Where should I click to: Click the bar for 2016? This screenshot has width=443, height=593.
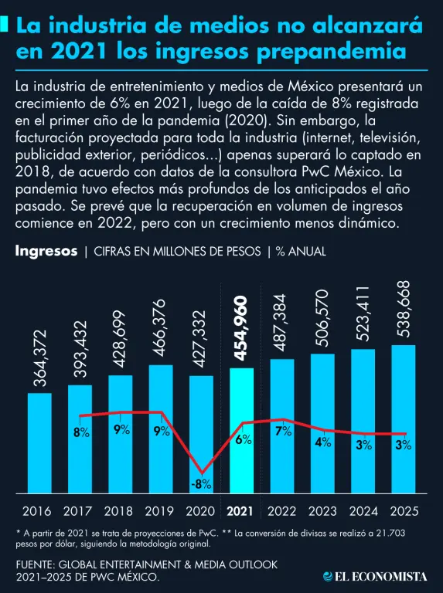point(39,443)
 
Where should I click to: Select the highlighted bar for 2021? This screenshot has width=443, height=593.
point(241,430)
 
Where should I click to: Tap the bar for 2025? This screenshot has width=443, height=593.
point(404,419)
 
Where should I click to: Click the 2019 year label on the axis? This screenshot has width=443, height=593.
point(159,511)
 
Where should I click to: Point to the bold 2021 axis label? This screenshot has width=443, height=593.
point(240,511)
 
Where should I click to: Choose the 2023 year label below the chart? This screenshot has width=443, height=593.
point(322,511)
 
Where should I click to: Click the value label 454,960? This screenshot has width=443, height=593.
point(240,329)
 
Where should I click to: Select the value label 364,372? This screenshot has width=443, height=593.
point(39,358)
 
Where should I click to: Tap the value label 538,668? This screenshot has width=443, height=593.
point(403,309)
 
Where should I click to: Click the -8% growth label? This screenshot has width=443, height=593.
point(201,484)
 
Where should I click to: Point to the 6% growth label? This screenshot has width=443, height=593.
point(244,439)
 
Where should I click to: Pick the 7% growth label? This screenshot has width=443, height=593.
point(284,431)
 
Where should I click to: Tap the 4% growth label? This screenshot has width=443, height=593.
point(323,442)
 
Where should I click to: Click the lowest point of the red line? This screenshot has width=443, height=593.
point(202,473)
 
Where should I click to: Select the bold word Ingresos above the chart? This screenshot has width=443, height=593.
point(46,251)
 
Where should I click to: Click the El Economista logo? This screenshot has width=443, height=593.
point(375,576)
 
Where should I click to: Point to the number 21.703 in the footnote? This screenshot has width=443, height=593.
point(390,534)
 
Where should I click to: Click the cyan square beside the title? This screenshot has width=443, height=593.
point(4,24)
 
